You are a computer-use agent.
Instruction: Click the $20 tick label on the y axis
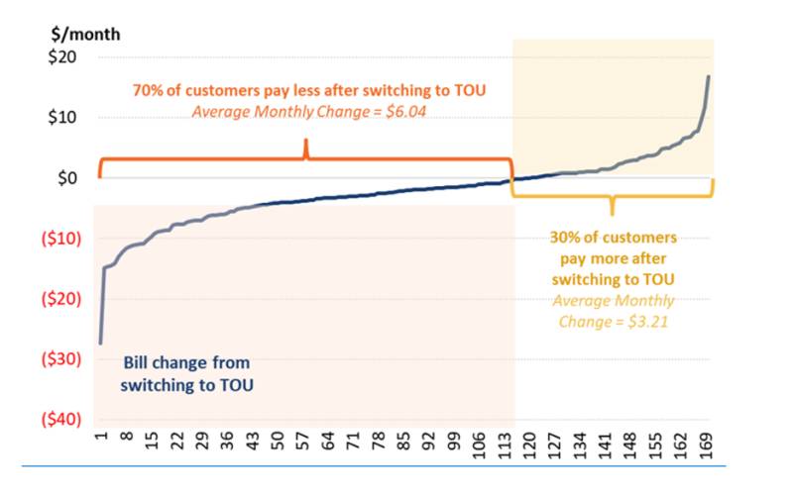point(62,57)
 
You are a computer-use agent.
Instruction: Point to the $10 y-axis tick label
point(62,117)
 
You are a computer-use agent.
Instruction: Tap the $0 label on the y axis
point(67,178)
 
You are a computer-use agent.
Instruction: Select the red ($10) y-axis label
point(61,238)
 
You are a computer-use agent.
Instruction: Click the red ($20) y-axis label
point(61,299)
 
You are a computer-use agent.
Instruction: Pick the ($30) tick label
point(61,359)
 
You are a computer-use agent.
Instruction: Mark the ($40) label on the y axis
point(61,419)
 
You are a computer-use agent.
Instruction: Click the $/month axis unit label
point(85,35)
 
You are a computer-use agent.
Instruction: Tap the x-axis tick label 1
point(102,436)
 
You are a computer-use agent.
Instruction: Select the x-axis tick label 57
point(303,441)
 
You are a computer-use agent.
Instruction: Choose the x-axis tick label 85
point(403,441)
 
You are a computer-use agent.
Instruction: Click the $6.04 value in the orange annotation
point(405,111)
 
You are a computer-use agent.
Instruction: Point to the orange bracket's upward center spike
point(306,148)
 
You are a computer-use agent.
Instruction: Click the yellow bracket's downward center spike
point(613,205)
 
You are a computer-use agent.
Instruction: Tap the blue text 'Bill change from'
point(186,362)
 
